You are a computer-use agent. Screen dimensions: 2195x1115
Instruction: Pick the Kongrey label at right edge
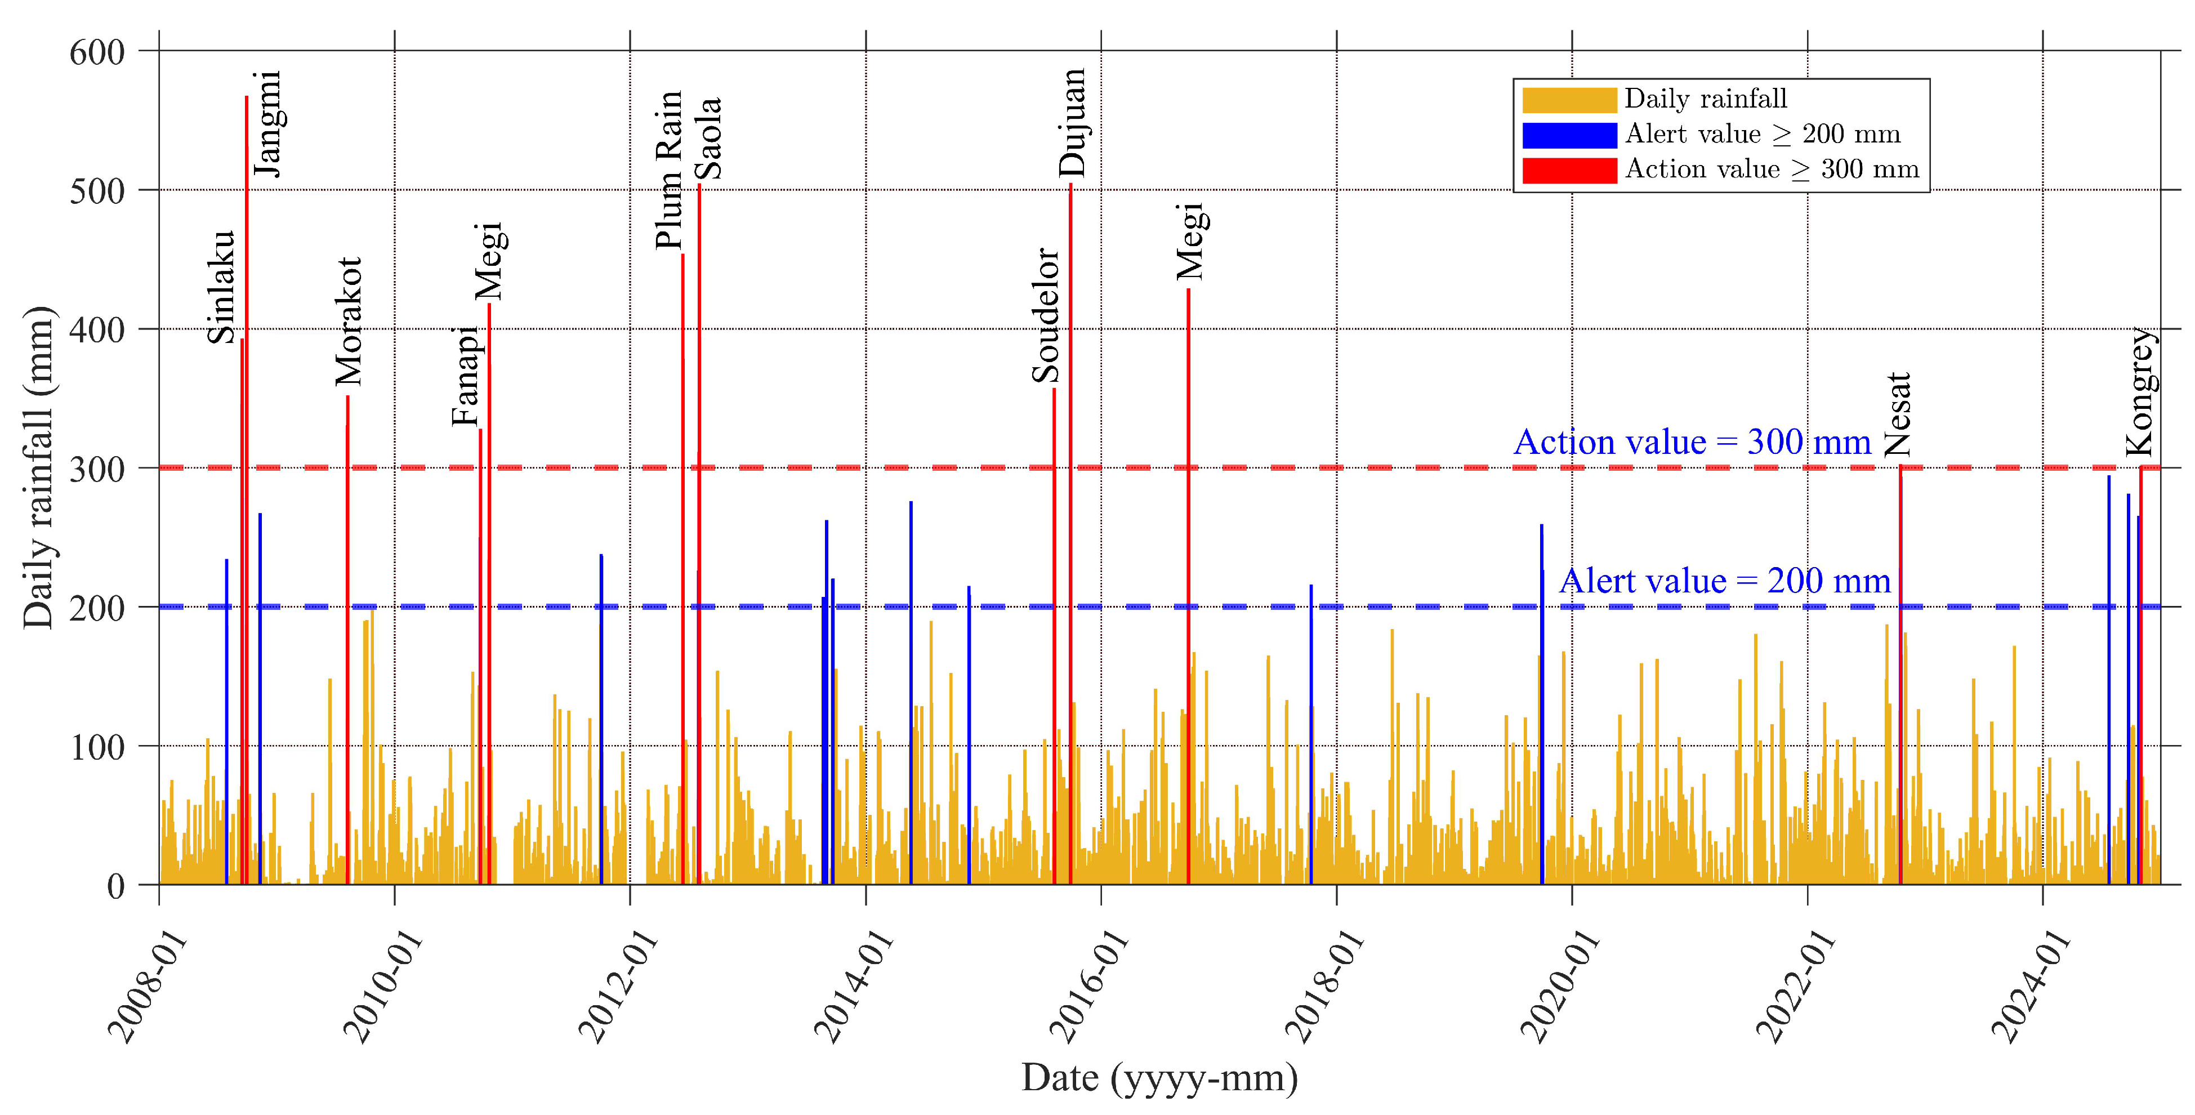[x=2140, y=391]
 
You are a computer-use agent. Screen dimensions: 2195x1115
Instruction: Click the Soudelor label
[x=1046, y=315]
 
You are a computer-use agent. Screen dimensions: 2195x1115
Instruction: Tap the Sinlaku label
[x=221, y=287]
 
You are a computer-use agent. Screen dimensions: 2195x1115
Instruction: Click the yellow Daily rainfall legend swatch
[x=1569, y=100]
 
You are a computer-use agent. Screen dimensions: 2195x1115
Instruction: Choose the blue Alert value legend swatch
[x=1569, y=135]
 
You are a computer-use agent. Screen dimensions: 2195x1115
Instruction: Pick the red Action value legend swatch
[x=1569, y=170]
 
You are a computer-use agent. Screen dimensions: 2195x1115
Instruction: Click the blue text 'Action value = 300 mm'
[x=1692, y=441]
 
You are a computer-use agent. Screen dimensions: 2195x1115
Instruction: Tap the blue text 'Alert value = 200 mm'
[x=1725, y=581]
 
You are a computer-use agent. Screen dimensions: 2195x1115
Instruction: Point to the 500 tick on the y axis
[x=97, y=191]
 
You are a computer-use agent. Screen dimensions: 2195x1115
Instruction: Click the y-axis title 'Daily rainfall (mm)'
[x=38, y=467]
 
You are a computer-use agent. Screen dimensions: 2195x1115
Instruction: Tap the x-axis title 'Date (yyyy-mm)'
[x=1159, y=1077]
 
